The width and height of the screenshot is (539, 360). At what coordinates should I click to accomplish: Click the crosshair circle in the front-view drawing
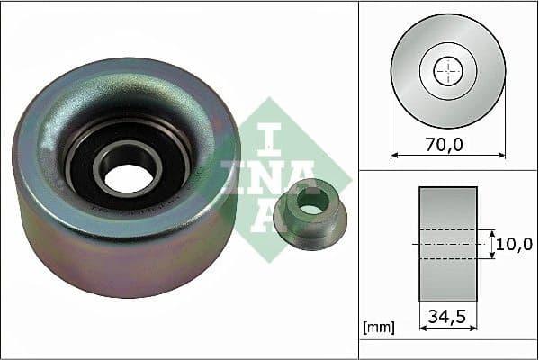(448, 71)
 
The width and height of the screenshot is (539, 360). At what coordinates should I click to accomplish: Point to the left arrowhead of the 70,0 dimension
(394, 155)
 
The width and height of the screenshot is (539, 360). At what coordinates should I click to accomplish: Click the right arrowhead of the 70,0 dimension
(502, 155)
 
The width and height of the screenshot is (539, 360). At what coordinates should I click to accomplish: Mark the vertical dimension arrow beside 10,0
(492, 244)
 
